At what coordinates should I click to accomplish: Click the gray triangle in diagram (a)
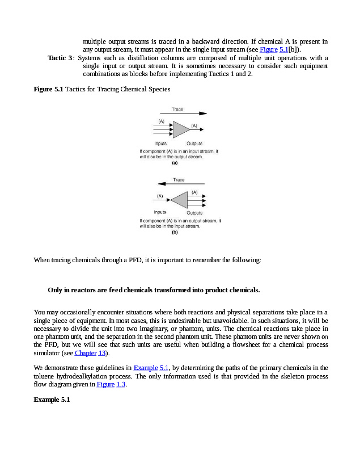pyautogui.click(x=180, y=129)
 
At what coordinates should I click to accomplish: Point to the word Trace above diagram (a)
pyautogui.click(x=177, y=109)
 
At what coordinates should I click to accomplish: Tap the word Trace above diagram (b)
pyautogui.click(x=179, y=180)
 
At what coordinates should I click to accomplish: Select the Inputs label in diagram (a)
pyautogui.click(x=160, y=144)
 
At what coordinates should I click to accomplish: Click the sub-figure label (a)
pyautogui.click(x=175, y=163)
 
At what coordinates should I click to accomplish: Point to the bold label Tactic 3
pyautogui.click(x=60, y=58)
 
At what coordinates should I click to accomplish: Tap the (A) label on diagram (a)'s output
pyautogui.click(x=194, y=125)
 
